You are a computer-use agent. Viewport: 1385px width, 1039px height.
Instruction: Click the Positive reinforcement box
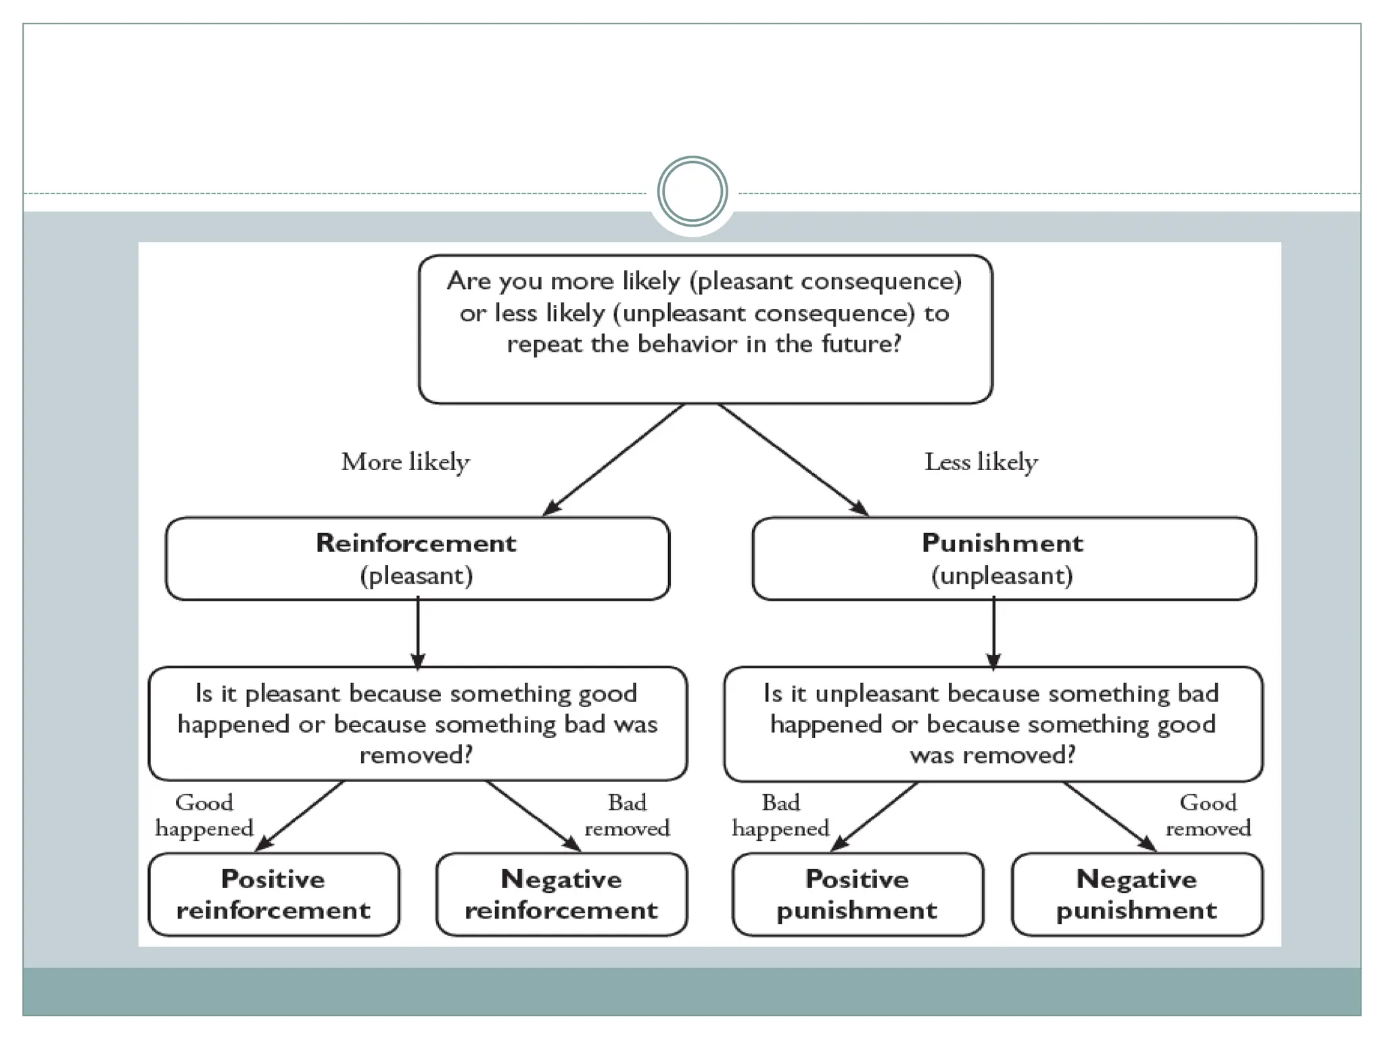point(273,894)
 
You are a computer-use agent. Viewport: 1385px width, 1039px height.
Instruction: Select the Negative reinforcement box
point(561,894)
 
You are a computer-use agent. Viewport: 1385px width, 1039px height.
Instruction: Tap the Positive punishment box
point(857,894)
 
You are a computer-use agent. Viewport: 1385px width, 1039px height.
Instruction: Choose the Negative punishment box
point(1137,894)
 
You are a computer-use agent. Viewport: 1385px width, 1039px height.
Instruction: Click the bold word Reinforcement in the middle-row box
point(416,543)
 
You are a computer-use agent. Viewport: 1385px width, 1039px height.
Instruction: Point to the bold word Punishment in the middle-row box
point(1002,543)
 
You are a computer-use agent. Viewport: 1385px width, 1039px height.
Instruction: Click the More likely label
point(405,463)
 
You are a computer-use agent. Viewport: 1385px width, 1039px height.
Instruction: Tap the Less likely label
point(981,463)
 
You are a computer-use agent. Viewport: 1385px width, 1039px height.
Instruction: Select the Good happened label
point(204,815)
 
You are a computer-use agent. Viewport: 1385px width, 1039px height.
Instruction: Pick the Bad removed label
point(627,815)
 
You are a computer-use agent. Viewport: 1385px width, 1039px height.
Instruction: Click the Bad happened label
point(780,815)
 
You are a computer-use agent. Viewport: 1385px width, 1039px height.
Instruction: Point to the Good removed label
point(1208,815)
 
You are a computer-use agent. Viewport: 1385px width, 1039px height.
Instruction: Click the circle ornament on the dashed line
point(692,191)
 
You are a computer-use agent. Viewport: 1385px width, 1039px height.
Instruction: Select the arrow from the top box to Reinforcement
point(614,459)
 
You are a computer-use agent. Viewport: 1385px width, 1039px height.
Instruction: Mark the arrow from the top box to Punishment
point(793,459)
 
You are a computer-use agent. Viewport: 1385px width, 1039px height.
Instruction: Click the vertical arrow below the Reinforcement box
point(418,632)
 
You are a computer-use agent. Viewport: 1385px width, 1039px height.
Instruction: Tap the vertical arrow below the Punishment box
point(993,632)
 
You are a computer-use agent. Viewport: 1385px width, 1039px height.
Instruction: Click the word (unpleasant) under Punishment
point(1002,576)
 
